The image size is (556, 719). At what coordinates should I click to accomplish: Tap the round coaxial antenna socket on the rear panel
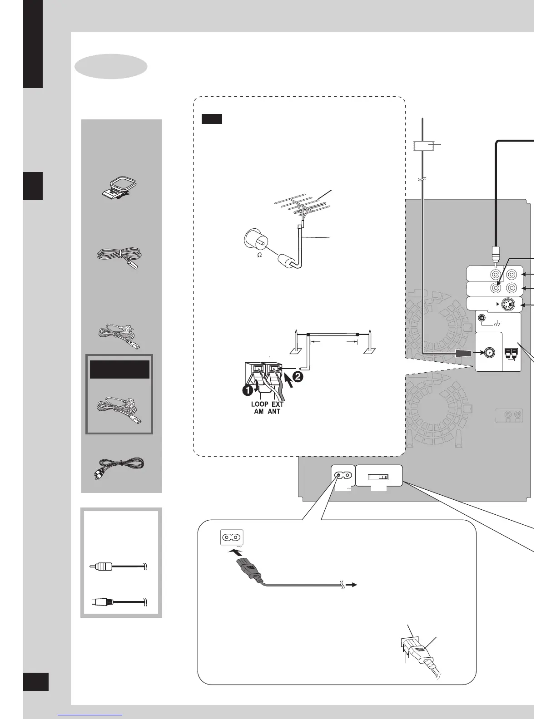click(x=490, y=353)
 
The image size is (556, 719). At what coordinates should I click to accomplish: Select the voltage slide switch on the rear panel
click(x=378, y=478)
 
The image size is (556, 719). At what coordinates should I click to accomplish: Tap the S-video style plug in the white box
click(x=100, y=602)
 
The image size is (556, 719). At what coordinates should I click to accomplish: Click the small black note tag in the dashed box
click(x=212, y=119)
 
